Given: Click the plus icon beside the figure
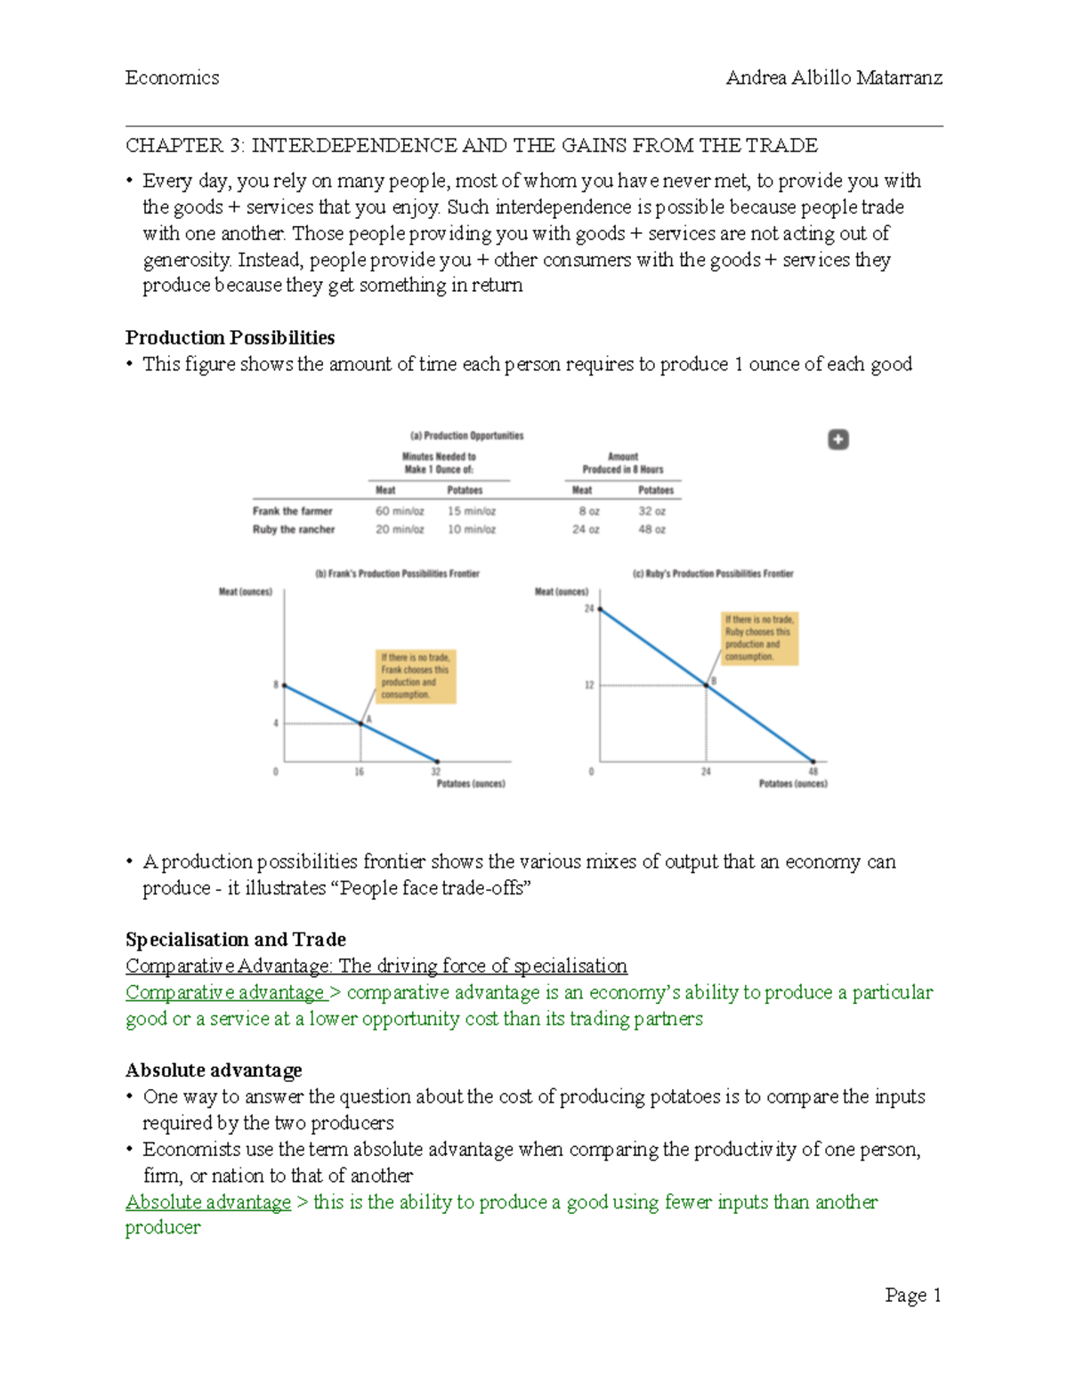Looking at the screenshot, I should (x=838, y=440).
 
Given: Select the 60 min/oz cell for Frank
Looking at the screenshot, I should (x=400, y=512).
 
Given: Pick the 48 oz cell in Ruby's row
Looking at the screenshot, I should (x=651, y=529).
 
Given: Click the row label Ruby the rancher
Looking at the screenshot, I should (x=294, y=529).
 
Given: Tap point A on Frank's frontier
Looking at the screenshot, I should (x=361, y=723).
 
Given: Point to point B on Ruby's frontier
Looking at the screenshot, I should (x=707, y=684).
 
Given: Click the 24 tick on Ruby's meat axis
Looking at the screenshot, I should (x=589, y=609).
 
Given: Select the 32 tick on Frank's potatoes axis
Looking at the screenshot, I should (x=435, y=772).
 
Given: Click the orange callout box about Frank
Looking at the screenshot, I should (x=416, y=676).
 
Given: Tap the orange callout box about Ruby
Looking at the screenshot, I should (x=759, y=638).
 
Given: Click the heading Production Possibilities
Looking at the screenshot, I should (x=230, y=338).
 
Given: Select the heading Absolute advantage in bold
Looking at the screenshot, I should (x=214, y=1070).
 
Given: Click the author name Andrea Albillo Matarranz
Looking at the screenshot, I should (x=834, y=78).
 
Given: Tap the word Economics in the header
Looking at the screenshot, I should (x=172, y=78).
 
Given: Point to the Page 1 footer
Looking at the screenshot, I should (x=912, y=1295).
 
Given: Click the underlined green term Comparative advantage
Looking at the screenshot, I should (x=225, y=992).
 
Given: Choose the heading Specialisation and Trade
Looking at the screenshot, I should (x=236, y=940).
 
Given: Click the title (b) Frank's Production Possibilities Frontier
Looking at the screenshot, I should (x=397, y=574).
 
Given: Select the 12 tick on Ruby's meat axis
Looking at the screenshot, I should (x=589, y=685).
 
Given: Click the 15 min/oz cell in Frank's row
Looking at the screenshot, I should (x=472, y=512).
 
